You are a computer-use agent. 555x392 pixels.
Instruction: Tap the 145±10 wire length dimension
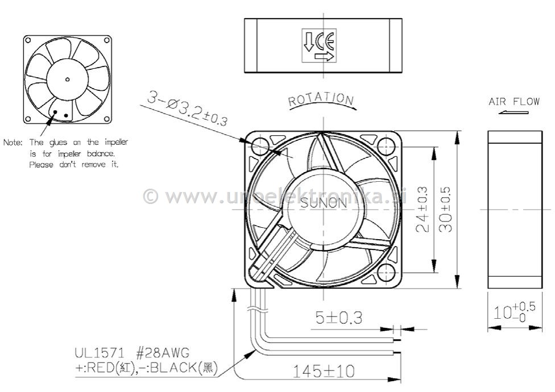click(323, 372)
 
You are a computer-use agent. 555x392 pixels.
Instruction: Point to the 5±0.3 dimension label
click(339, 316)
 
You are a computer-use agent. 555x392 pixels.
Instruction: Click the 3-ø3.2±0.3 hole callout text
click(188, 109)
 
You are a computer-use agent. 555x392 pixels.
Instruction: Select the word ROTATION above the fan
click(321, 101)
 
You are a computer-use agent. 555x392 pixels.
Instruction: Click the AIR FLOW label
click(514, 102)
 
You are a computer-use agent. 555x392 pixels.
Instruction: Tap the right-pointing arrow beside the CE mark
click(324, 57)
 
